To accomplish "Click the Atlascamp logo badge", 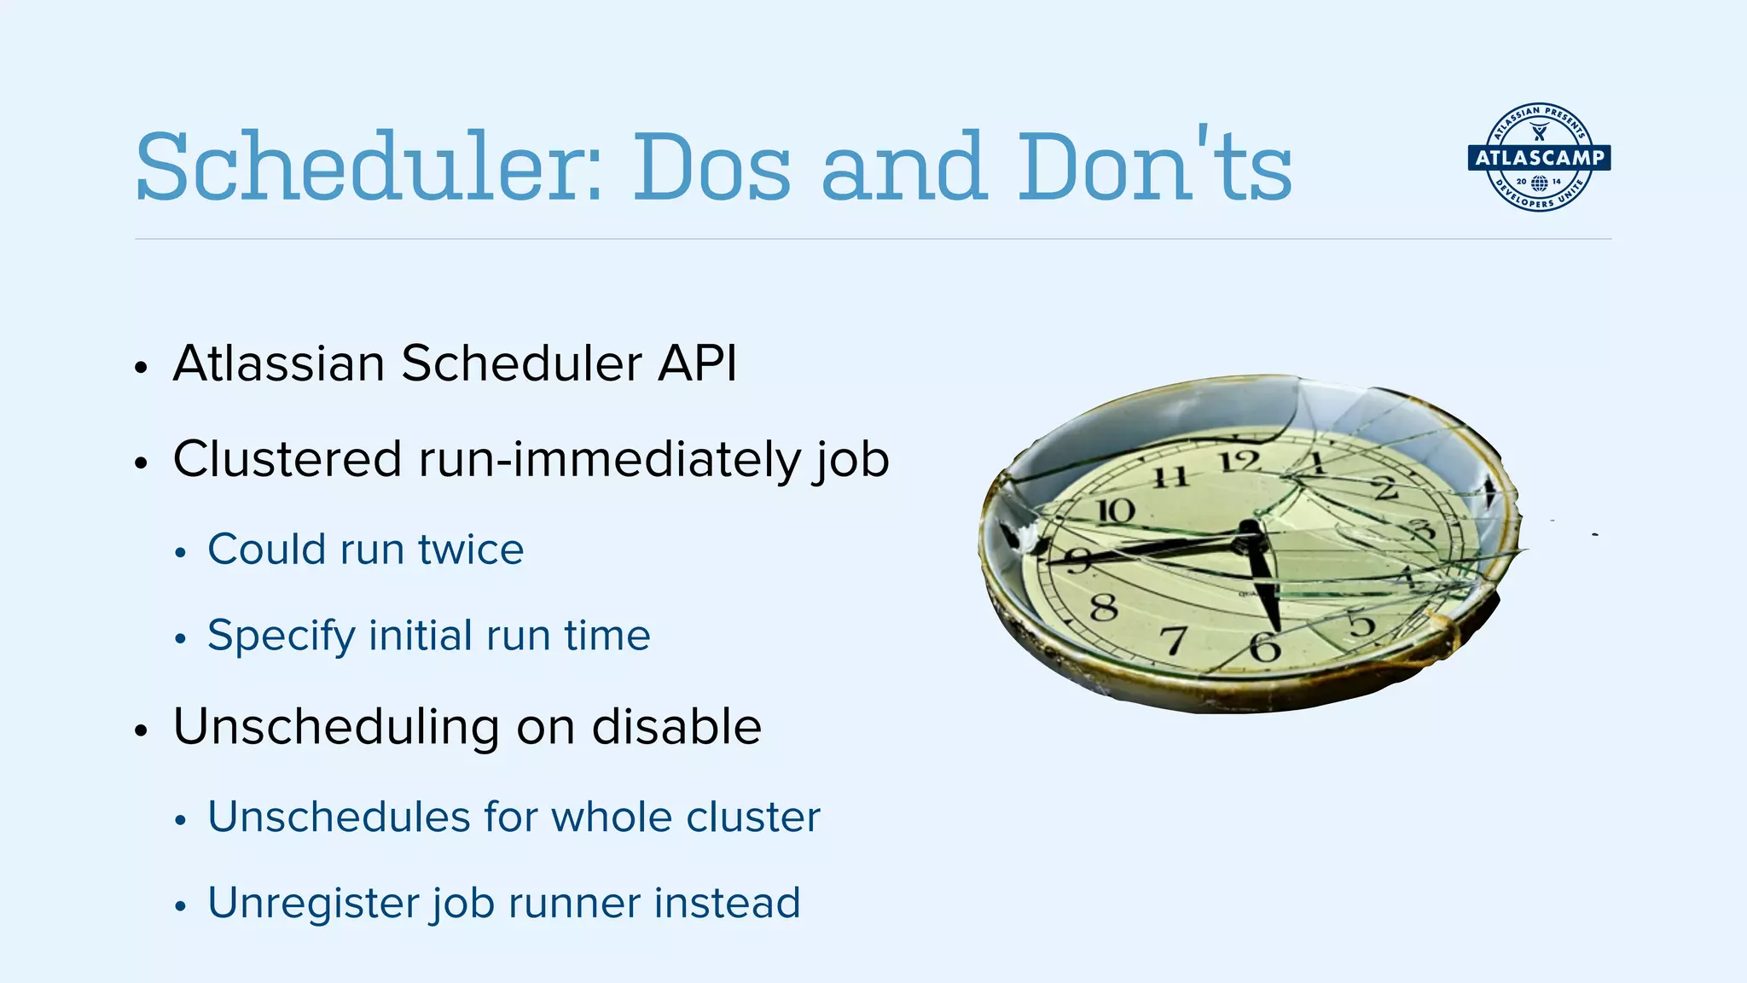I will [1539, 157].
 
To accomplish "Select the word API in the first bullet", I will [697, 364].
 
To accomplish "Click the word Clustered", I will [287, 459].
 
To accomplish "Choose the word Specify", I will [281, 637].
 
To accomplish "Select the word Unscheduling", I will [336, 728].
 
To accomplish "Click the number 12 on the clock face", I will [1239, 462].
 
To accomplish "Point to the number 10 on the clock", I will [1116, 510].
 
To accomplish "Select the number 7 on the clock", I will [1175, 639].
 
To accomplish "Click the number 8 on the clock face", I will [1104, 608].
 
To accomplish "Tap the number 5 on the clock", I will [1361, 625].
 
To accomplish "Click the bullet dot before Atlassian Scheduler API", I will [142, 369].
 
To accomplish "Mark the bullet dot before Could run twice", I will [179, 554].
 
